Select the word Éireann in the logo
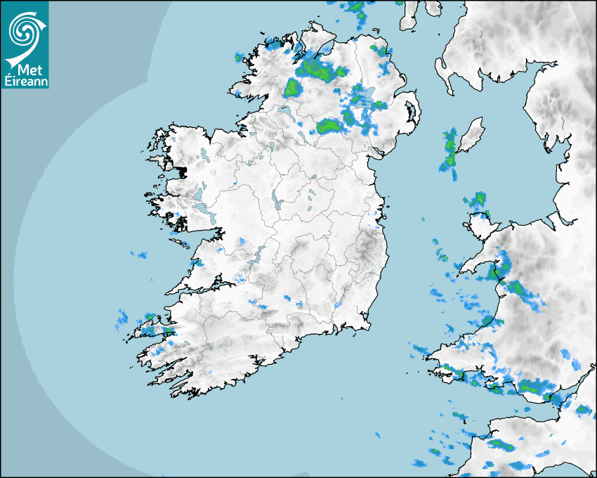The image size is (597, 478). coord(25,81)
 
